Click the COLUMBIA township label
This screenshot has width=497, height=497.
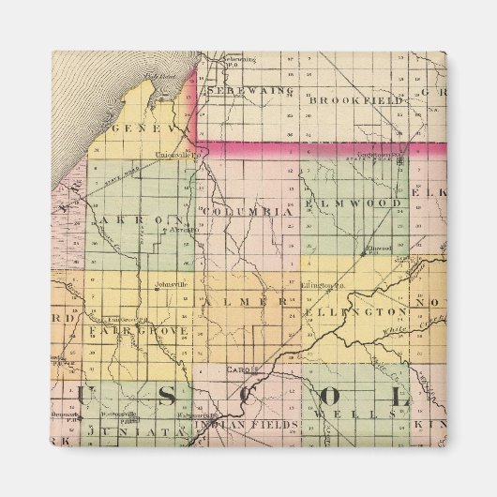click(247, 212)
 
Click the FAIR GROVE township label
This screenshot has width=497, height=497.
click(139, 332)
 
